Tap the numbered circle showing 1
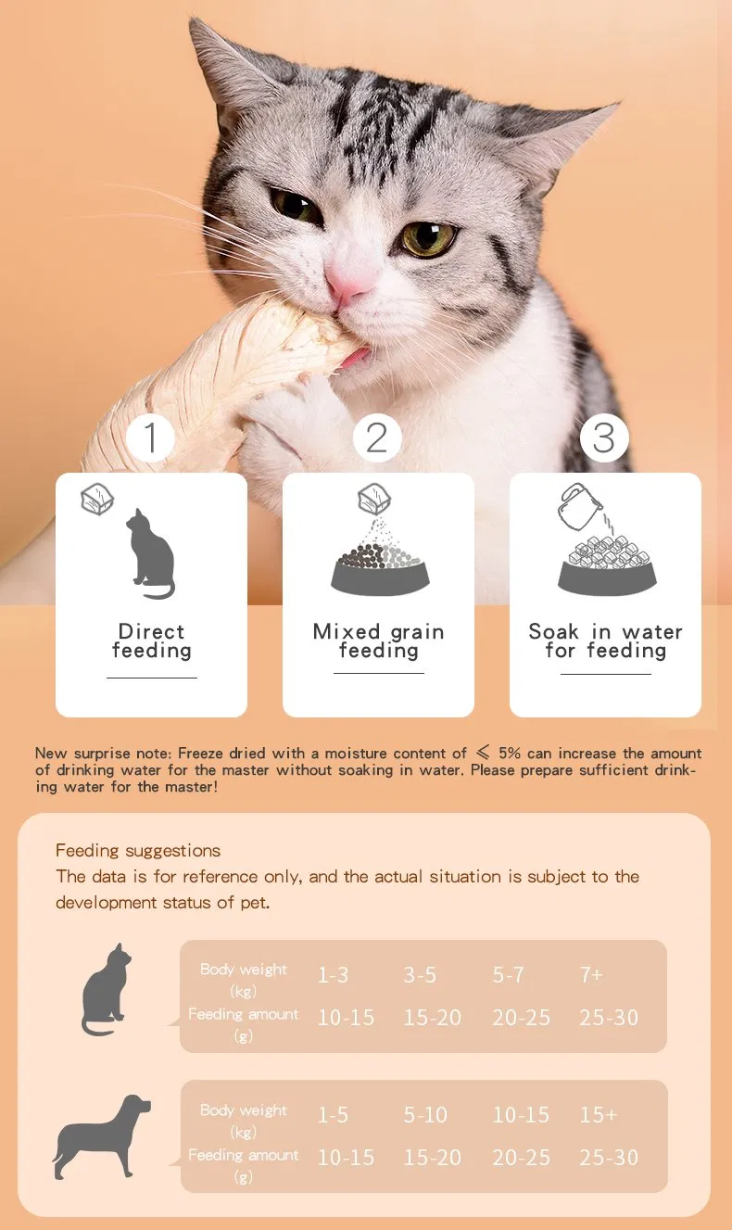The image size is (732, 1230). pyautogui.click(x=151, y=437)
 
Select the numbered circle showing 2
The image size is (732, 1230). pyautogui.click(x=377, y=437)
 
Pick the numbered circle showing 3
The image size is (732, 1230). pyautogui.click(x=604, y=437)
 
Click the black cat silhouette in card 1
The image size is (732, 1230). pyautogui.click(x=151, y=553)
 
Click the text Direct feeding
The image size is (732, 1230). pyautogui.click(x=151, y=641)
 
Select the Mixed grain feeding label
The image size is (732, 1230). pyautogui.click(x=378, y=641)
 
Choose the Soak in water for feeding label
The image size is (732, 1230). pyautogui.click(x=605, y=641)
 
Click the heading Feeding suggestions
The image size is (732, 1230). pyautogui.click(x=138, y=850)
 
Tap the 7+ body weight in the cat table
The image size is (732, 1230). pyautogui.click(x=591, y=975)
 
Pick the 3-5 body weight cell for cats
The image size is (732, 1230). pyautogui.click(x=420, y=975)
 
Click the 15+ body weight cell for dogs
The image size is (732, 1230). pyautogui.click(x=599, y=1115)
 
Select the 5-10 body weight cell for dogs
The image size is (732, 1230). pyautogui.click(x=425, y=1115)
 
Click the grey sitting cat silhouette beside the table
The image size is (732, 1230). pyautogui.click(x=106, y=989)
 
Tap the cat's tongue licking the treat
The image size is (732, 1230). pyautogui.click(x=349, y=358)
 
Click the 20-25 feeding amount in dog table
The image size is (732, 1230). pyautogui.click(x=521, y=1158)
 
